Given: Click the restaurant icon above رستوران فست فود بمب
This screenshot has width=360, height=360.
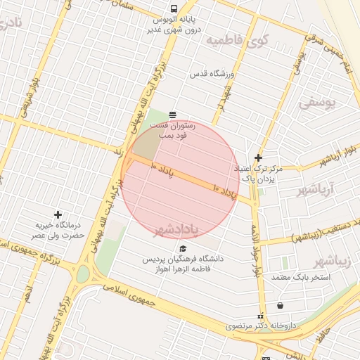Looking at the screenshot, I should pos(173,114).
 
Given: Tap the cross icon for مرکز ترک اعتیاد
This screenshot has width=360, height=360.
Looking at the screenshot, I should pos(259,158).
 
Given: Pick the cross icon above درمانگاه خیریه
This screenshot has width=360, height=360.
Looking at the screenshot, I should pos(58,214).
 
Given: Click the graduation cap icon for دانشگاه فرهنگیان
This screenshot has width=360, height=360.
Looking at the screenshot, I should pos(184,248).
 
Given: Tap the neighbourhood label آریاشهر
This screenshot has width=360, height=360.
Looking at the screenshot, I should pos(313,190).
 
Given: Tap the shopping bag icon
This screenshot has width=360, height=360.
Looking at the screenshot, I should pos(281,306).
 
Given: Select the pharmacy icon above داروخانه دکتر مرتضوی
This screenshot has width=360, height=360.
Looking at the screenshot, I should pos(261,316).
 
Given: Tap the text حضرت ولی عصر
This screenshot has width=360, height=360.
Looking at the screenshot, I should pos(60,235).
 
